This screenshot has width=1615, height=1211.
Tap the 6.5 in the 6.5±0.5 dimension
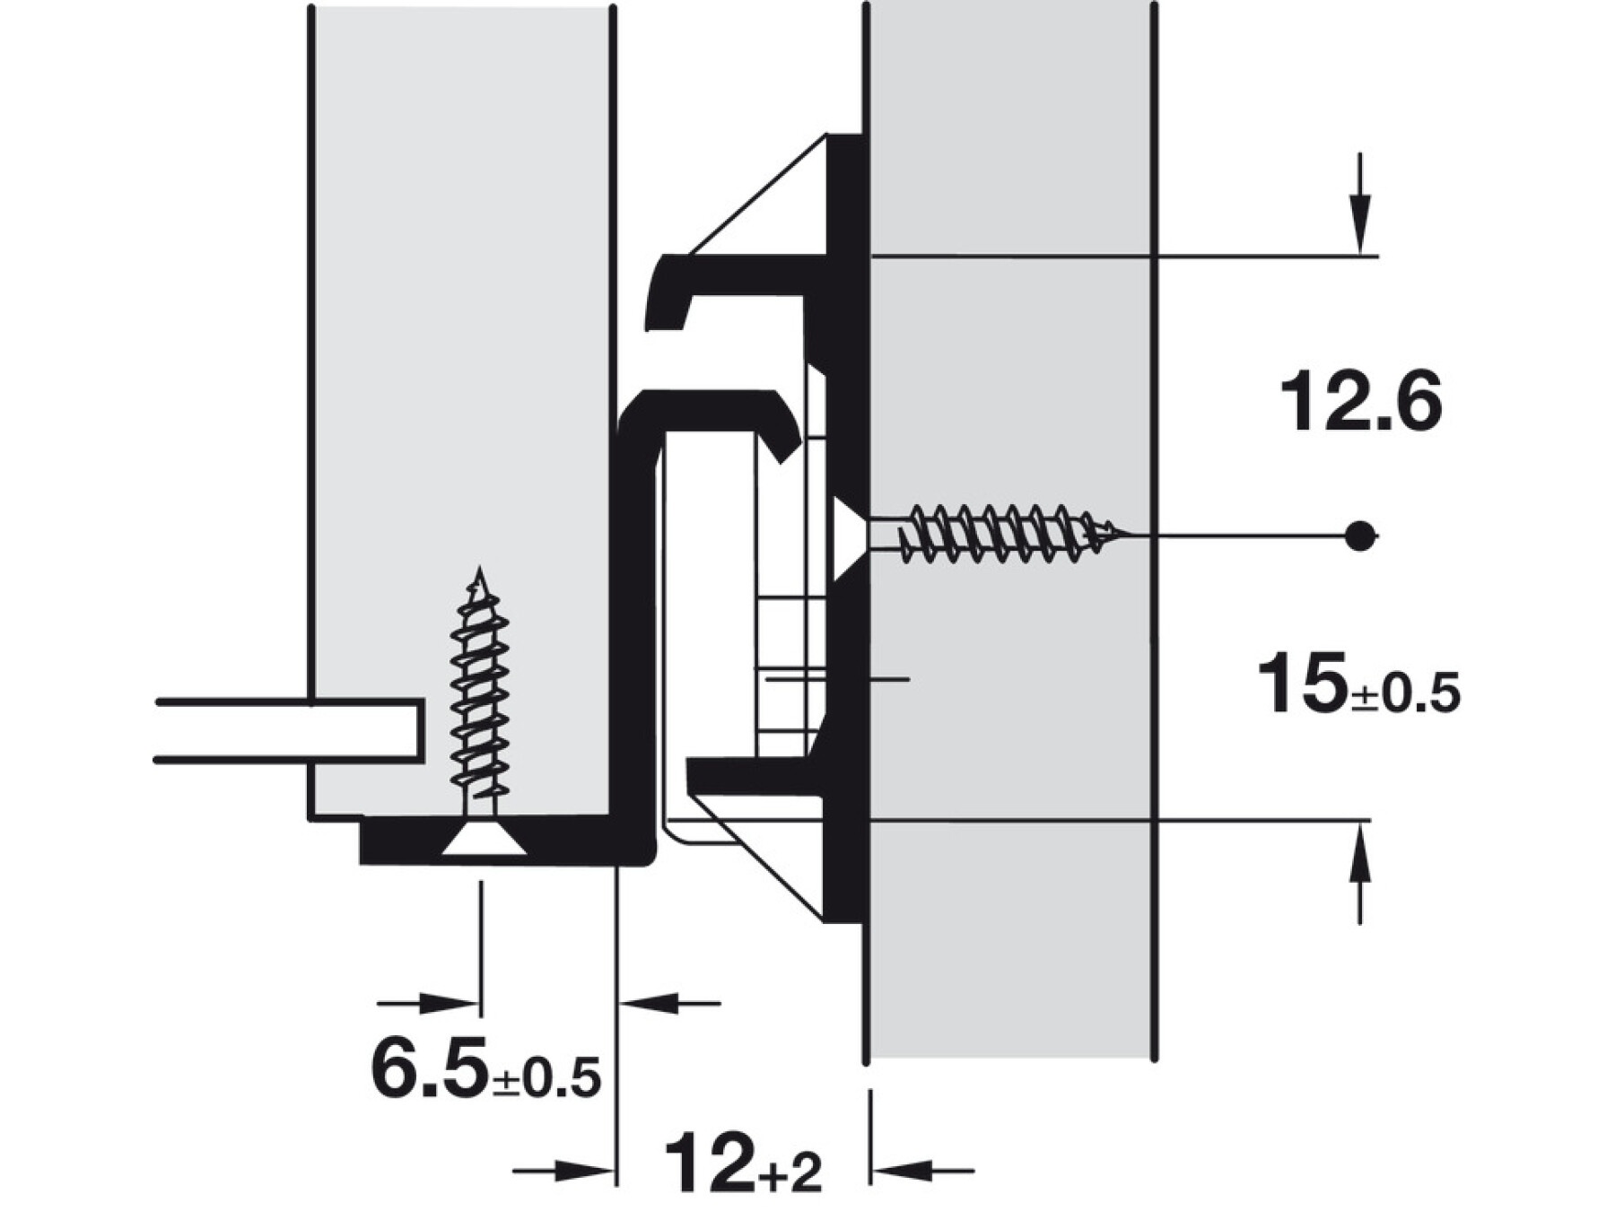point(430,1067)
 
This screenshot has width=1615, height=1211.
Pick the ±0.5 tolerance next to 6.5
point(546,1077)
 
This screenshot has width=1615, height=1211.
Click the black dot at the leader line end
point(1361,536)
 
